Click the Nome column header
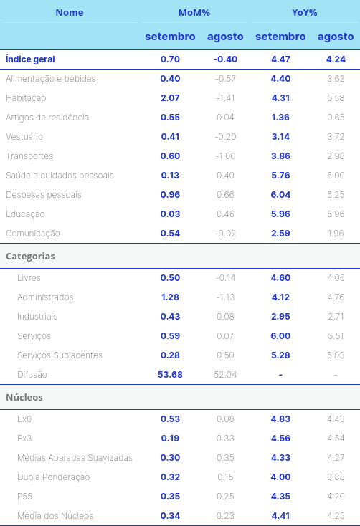[69, 13]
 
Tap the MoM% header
[194, 13]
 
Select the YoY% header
[304, 13]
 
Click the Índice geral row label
[30, 59]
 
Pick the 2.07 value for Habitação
[170, 98]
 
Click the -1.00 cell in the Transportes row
[225, 156]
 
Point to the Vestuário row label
[24, 137]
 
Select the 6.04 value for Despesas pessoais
[280, 195]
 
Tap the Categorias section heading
[30, 256]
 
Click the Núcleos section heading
[24, 397]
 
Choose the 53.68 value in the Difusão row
[170, 374]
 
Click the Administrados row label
[45, 297]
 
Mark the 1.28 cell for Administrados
[170, 297]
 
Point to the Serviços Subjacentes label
[60, 355]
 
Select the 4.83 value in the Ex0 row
[280, 419]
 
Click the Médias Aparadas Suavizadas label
[75, 458]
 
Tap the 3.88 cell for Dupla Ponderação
[336, 477]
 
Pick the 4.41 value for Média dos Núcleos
[280, 515]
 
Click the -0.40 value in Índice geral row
[225, 59]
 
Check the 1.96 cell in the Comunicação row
[336, 234]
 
